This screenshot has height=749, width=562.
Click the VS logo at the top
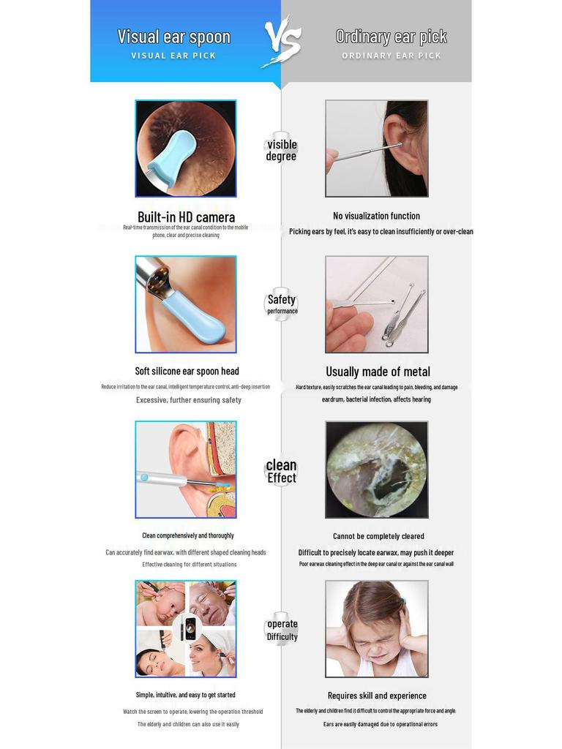282,42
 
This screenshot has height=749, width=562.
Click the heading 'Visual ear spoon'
174,37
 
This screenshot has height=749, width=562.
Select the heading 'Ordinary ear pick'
391,37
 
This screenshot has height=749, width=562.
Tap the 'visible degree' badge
282,150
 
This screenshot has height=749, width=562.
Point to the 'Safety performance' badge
282,304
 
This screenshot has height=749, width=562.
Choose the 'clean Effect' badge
282,471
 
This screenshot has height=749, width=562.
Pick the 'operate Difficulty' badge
282,630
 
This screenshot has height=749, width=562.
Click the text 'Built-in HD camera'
186,217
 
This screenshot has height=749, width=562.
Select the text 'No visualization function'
376,216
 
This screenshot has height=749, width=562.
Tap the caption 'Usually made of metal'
378,372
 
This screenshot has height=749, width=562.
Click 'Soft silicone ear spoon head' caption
187,371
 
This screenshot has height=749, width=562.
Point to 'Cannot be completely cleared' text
378,536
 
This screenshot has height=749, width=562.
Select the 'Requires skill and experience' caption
377,696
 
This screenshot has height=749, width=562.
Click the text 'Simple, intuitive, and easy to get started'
186,695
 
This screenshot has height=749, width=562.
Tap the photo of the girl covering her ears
376,628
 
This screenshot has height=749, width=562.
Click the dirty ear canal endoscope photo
376,470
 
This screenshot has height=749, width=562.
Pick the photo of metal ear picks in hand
376,304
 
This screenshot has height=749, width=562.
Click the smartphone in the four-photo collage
190,628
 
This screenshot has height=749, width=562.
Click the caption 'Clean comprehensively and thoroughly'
188,535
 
